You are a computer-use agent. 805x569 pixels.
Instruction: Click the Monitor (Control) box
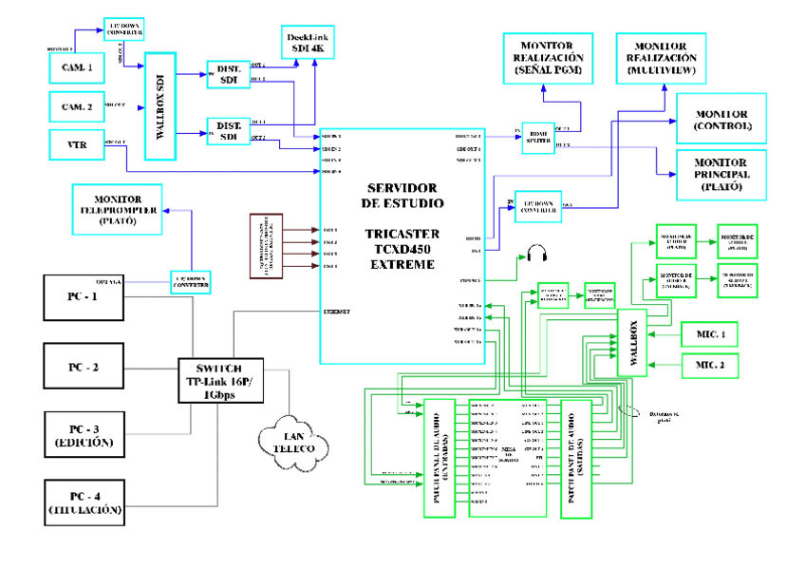tap(722, 119)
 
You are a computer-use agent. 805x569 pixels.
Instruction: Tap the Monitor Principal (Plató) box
tap(722, 175)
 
